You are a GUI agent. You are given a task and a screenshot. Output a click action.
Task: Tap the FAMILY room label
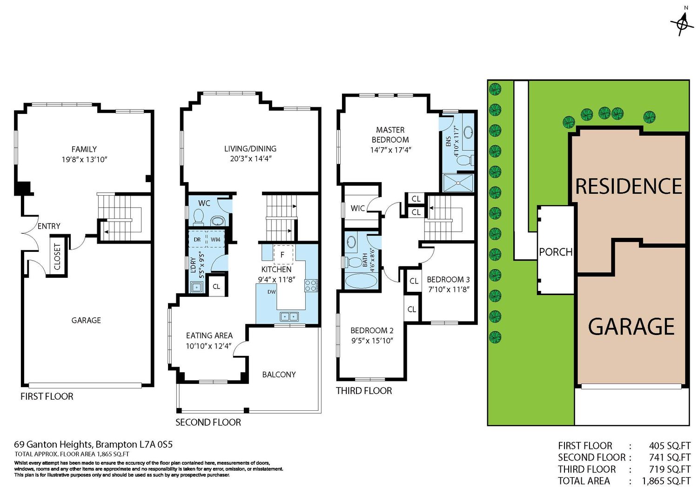(84, 150)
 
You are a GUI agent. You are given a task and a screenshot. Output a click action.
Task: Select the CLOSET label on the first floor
(57, 257)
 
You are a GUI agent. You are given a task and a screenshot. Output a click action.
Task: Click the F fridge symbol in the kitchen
(283, 255)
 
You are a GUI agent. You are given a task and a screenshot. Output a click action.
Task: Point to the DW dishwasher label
(271, 292)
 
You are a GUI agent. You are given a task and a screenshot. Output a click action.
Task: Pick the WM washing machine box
(215, 239)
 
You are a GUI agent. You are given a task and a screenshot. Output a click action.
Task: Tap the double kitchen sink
(289, 316)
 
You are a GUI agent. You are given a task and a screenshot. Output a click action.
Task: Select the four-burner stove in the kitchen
(311, 286)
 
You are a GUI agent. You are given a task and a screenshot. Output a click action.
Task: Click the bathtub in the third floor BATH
(361, 281)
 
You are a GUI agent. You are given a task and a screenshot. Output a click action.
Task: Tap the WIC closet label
(357, 208)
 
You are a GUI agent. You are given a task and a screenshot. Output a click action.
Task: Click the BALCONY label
(279, 375)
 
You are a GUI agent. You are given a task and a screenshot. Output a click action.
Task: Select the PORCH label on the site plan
(556, 252)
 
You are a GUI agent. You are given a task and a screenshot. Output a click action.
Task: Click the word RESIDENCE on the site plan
(629, 186)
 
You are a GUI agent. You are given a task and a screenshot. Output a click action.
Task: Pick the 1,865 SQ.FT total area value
(666, 481)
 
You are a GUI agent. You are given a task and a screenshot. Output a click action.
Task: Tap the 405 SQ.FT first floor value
(670, 446)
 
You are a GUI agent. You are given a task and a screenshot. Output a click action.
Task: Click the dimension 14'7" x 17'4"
(390, 150)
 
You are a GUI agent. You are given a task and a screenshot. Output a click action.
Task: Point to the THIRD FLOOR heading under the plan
(364, 391)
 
